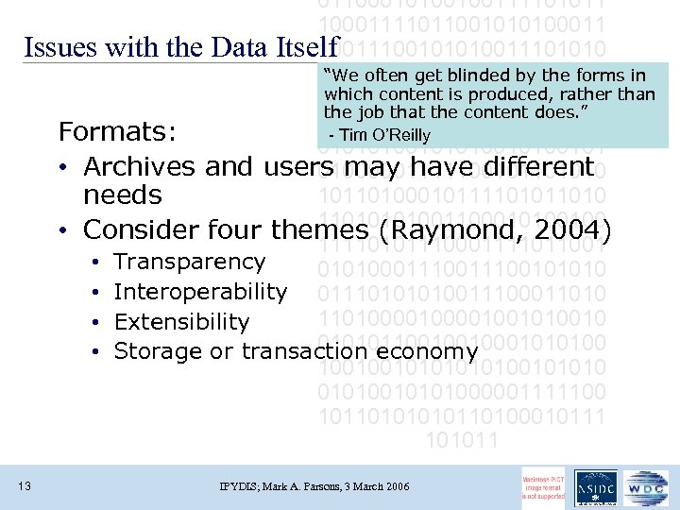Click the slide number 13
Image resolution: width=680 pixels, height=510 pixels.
click(25, 486)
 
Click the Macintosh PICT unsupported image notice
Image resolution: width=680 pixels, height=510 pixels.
click(544, 486)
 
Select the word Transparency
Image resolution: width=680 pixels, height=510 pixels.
click(190, 262)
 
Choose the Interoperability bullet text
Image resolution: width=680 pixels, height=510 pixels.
click(200, 292)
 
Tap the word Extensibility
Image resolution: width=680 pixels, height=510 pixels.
click(181, 322)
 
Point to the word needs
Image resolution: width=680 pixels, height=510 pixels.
click(123, 195)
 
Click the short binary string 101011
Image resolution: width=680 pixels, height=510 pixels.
click(463, 439)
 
